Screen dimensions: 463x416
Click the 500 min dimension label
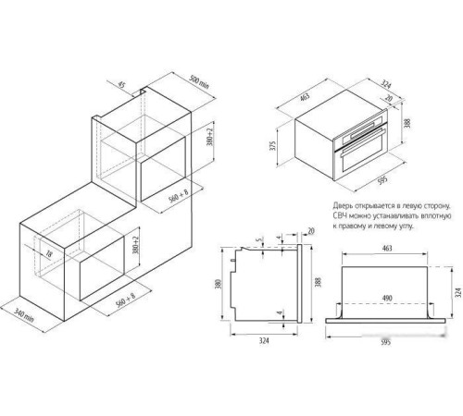pyautogui.click(x=199, y=82)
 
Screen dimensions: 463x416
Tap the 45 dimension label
pyautogui.click(x=122, y=84)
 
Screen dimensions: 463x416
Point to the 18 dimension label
pyautogui.click(x=49, y=253)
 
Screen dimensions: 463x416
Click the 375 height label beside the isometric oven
pyautogui.click(x=272, y=145)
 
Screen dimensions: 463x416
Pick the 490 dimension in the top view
pyautogui.click(x=387, y=298)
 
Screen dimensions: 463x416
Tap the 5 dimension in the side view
pyautogui.click(x=260, y=239)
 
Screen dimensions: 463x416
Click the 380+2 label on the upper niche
pyautogui.click(x=210, y=137)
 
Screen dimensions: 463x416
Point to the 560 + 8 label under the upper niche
pyautogui.click(x=179, y=196)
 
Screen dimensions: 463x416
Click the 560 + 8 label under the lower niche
pyautogui.click(x=126, y=300)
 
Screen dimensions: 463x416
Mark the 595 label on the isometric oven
pyautogui.click(x=382, y=179)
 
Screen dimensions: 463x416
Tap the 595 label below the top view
pyautogui.click(x=386, y=342)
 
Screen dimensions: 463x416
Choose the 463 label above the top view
pyautogui.click(x=387, y=248)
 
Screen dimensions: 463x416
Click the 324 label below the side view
pyautogui.click(x=264, y=341)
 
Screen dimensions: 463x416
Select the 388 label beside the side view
pyautogui.click(x=319, y=282)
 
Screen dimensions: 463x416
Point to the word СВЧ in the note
pyautogui.click(x=340, y=215)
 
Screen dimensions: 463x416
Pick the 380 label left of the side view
pyautogui.click(x=219, y=284)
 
